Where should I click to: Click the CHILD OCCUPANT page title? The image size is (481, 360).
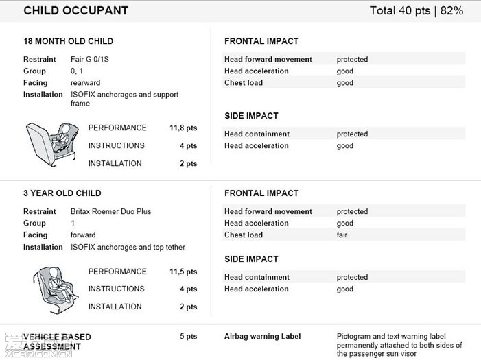(x=75, y=10)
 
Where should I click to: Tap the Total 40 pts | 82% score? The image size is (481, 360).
(x=417, y=10)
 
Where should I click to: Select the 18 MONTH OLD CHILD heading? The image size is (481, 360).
(x=69, y=41)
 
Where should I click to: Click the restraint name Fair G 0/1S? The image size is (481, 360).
(x=90, y=60)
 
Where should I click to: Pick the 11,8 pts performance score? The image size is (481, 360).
(x=183, y=128)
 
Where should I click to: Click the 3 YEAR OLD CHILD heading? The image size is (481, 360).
(x=62, y=193)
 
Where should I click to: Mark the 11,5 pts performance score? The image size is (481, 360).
(x=183, y=272)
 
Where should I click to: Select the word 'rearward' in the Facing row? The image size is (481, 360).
(x=86, y=83)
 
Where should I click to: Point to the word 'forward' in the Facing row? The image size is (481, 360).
(x=84, y=235)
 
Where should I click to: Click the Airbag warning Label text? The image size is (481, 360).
(x=263, y=337)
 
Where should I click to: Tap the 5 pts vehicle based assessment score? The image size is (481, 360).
(x=188, y=337)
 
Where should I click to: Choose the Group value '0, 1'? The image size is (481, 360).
(x=78, y=71)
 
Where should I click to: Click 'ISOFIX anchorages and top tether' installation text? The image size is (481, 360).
(x=128, y=247)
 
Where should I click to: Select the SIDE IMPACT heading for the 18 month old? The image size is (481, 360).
(x=251, y=116)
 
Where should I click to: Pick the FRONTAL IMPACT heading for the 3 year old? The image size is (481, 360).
(x=261, y=193)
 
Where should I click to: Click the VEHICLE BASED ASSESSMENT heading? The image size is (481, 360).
(x=58, y=341)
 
